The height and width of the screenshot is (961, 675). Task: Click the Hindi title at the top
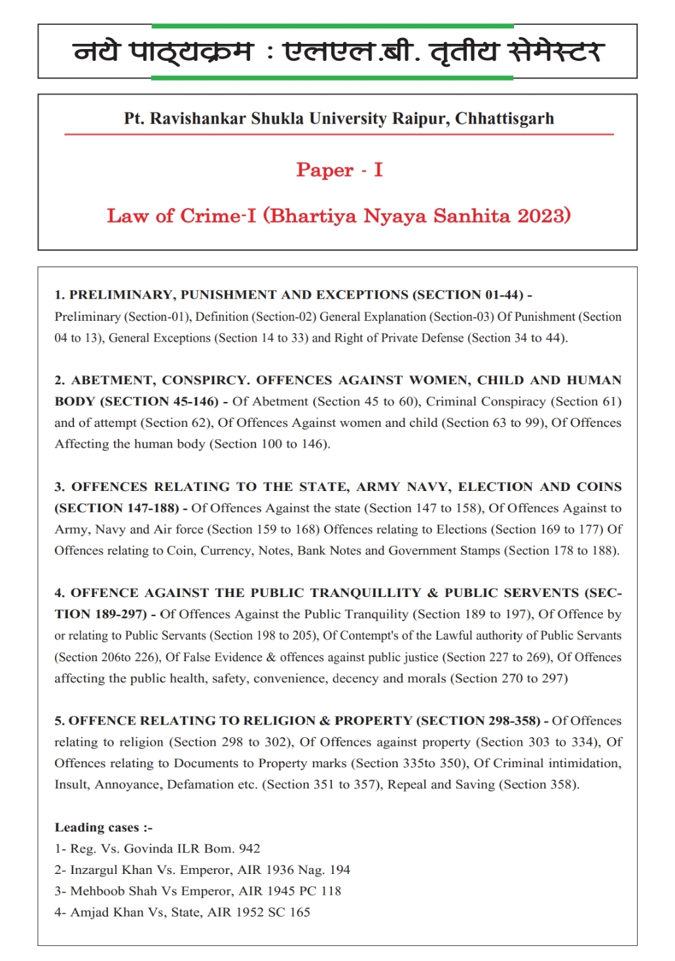[337, 52]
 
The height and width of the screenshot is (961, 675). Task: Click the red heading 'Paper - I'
[339, 170]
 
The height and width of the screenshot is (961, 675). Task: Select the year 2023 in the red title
[543, 216]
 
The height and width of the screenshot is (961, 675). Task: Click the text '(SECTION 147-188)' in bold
[117, 508]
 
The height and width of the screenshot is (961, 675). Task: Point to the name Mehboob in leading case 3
[97, 891]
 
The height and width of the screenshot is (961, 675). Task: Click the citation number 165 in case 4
[300, 912]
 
